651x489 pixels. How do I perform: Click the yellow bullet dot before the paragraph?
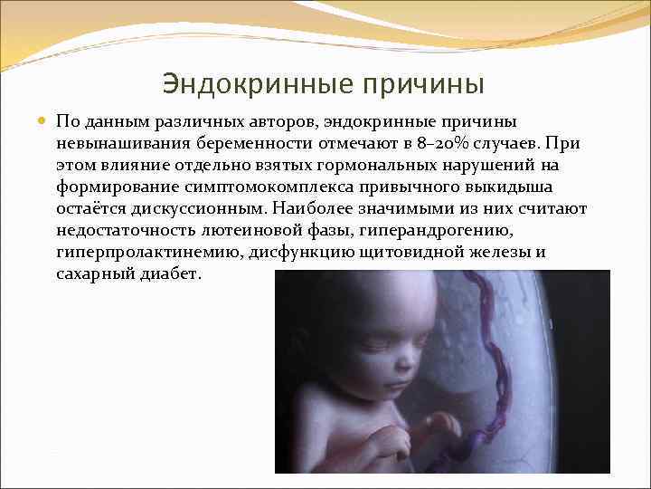click(42, 120)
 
